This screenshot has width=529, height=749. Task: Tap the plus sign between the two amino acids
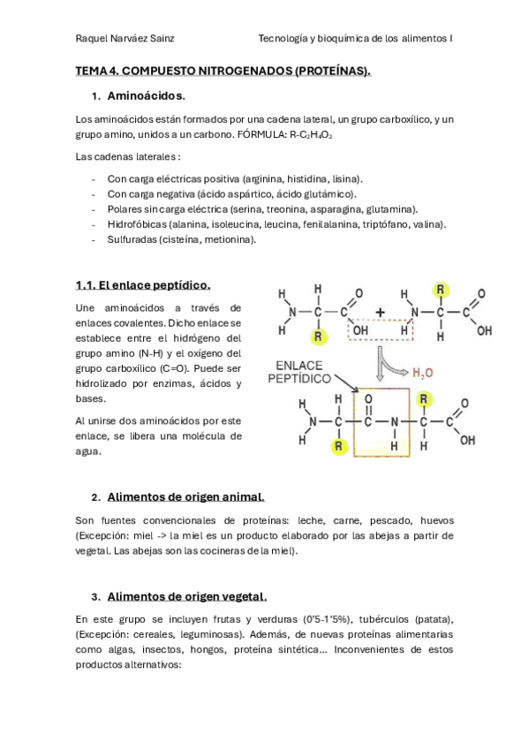coord(380,311)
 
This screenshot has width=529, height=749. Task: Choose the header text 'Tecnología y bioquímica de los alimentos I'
coord(355,39)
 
